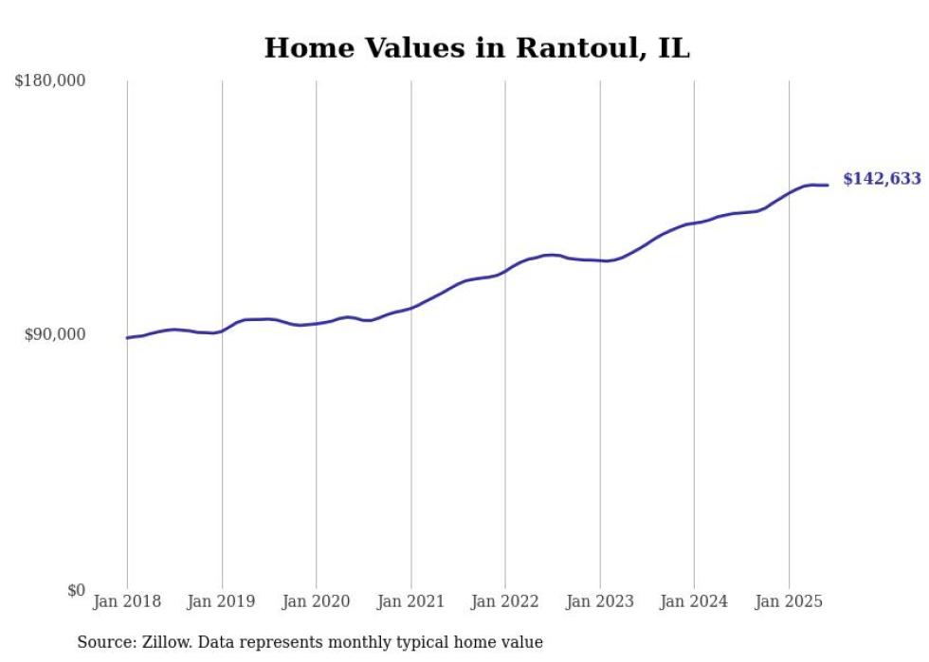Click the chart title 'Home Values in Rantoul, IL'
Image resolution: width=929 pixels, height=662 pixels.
point(477,48)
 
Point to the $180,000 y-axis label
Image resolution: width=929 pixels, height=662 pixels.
point(50,81)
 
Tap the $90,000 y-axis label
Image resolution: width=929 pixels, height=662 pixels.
point(54,335)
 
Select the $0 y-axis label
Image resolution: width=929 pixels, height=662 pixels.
point(76,590)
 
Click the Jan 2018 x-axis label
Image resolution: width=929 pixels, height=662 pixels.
point(127,601)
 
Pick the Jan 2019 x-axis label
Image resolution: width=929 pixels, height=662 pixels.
point(222,601)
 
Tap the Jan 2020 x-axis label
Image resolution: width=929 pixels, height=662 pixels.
point(317,601)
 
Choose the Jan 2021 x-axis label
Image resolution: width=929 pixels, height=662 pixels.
point(411,601)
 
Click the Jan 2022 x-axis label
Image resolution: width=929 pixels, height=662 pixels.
point(505,601)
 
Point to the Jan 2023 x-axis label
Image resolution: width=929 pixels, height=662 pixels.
point(600,601)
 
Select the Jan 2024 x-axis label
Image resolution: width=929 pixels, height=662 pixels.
point(694,601)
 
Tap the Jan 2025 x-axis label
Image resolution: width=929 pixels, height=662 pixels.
point(789,601)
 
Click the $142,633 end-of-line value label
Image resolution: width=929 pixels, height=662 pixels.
point(882,179)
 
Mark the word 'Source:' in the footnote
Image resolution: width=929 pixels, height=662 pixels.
point(105,642)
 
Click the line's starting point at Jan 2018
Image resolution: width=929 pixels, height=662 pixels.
point(127,337)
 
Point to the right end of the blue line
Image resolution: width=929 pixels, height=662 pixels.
point(829,185)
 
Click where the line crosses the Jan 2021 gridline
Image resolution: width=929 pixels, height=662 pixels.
point(411,307)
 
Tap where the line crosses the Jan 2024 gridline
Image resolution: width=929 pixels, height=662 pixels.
point(694,224)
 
